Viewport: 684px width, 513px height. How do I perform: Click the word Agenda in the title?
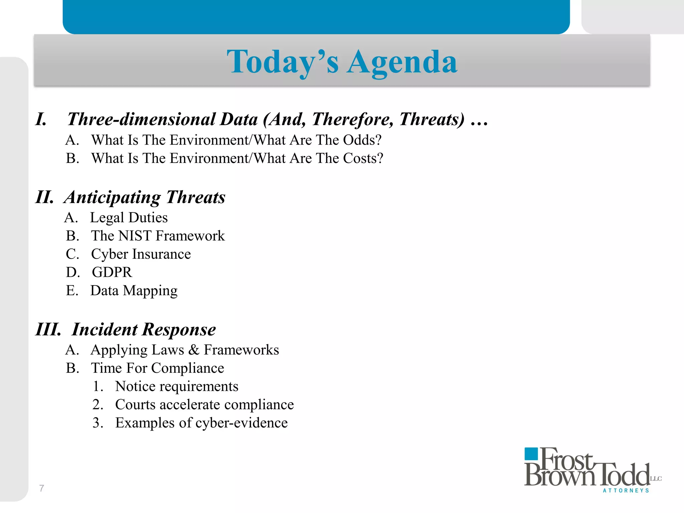402,62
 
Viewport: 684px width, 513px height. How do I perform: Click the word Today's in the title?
283,62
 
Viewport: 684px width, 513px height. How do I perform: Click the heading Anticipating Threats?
145,197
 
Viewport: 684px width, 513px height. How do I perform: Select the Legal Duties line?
129,218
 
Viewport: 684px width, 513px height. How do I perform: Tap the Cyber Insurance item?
141,254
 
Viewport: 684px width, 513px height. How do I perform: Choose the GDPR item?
112,273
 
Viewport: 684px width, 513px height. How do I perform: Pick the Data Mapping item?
134,291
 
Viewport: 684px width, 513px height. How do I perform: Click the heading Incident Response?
144,329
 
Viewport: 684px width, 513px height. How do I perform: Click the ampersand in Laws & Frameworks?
194,350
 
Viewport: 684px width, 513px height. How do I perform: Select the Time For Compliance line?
157,368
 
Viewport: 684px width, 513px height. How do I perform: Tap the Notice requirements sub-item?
176,386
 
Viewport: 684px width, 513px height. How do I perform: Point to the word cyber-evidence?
241,423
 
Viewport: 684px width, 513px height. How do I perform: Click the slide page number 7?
41,488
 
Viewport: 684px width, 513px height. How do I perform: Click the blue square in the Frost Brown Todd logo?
531,454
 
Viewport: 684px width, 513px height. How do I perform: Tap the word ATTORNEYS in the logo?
626,491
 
